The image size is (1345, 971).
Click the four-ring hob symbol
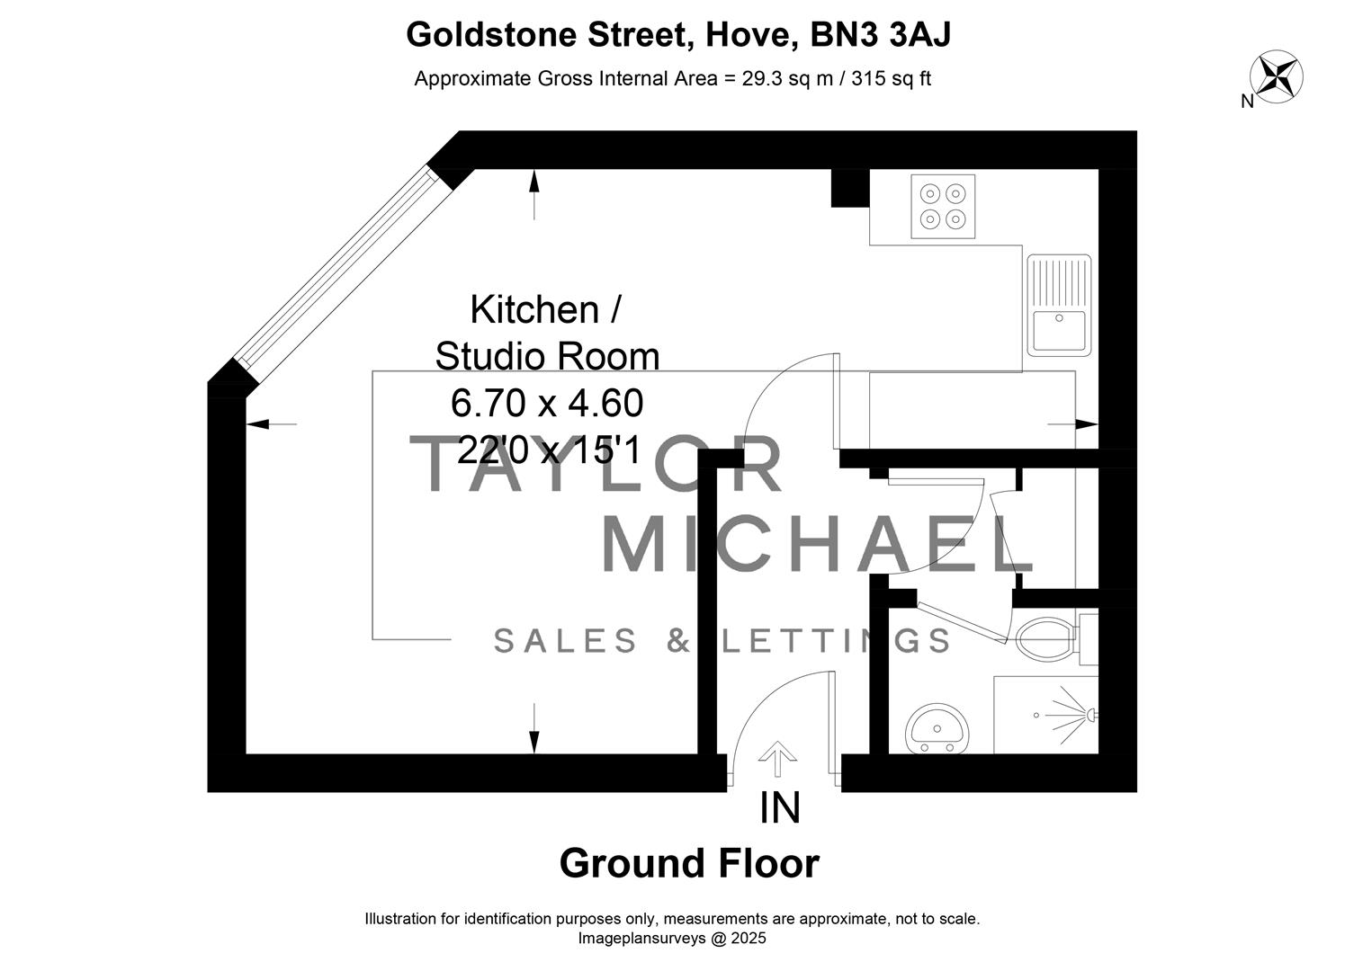click(x=943, y=206)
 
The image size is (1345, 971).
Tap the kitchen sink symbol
click(x=1059, y=304)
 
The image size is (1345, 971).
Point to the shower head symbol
click(x=1089, y=714)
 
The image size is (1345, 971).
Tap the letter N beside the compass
click(x=1247, y=102)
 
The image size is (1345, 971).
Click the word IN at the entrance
click(x=779, y=808)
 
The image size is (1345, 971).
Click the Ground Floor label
click(x=689, y=863)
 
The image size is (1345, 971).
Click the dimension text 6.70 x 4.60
click(x=547, y=404)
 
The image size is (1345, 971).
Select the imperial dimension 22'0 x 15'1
click(x=547, y=450)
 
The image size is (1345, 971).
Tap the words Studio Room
click(x=547, y=356)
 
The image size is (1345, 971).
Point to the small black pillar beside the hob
click(x=849, y=188)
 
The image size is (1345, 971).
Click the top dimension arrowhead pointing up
click(x=534, y=180)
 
